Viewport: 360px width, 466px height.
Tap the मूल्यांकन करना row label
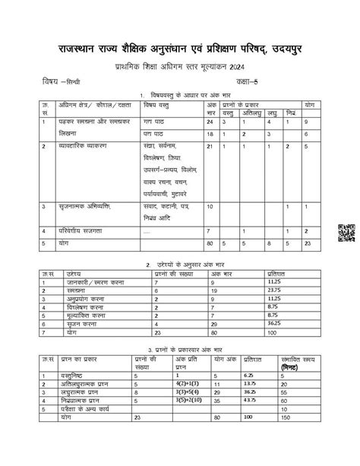point(88,314)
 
